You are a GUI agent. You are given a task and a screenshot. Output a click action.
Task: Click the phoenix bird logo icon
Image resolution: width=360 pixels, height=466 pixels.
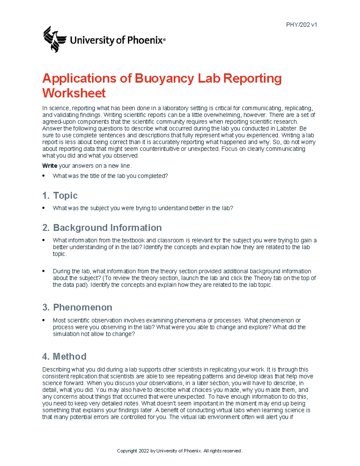click(54, 39)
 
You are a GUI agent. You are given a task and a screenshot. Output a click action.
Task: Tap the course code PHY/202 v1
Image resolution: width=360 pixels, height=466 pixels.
click(301, 25)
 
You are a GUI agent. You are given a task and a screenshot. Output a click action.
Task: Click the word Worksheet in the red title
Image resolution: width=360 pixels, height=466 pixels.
click(74, 93)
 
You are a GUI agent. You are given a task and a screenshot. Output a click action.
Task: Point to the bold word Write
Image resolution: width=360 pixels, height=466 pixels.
click(49, 166)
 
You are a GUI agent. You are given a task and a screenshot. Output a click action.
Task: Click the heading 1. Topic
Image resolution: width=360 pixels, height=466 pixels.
click(60, 195)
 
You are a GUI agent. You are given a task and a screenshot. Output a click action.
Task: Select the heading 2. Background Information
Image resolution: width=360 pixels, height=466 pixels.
click(102, 227)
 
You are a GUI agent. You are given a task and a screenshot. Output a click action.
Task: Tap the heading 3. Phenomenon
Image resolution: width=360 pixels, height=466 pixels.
click(77, 307)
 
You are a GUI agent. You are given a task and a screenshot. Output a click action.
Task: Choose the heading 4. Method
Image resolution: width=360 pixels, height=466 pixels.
click(64, 356)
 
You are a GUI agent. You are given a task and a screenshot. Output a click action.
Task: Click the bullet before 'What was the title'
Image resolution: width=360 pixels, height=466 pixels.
click(44, 176)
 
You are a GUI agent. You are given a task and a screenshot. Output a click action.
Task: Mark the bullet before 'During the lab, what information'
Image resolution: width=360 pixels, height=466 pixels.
click(44, 271)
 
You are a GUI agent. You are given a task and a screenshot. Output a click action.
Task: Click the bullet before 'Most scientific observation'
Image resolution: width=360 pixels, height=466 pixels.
click(44, 320)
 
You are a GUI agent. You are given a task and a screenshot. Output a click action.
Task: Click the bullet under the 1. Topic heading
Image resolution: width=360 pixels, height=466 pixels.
click(44, 208)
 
